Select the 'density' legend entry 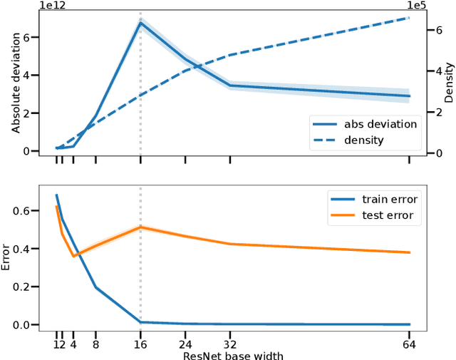(363, 140)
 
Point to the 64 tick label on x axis (410, 343)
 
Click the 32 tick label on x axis (230, 343)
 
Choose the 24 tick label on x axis (185, 343)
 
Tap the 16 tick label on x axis (140, 343)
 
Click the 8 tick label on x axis (95, 343)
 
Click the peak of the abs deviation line (140, 23)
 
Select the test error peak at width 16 (140, 227)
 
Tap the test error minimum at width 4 (73, 256)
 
